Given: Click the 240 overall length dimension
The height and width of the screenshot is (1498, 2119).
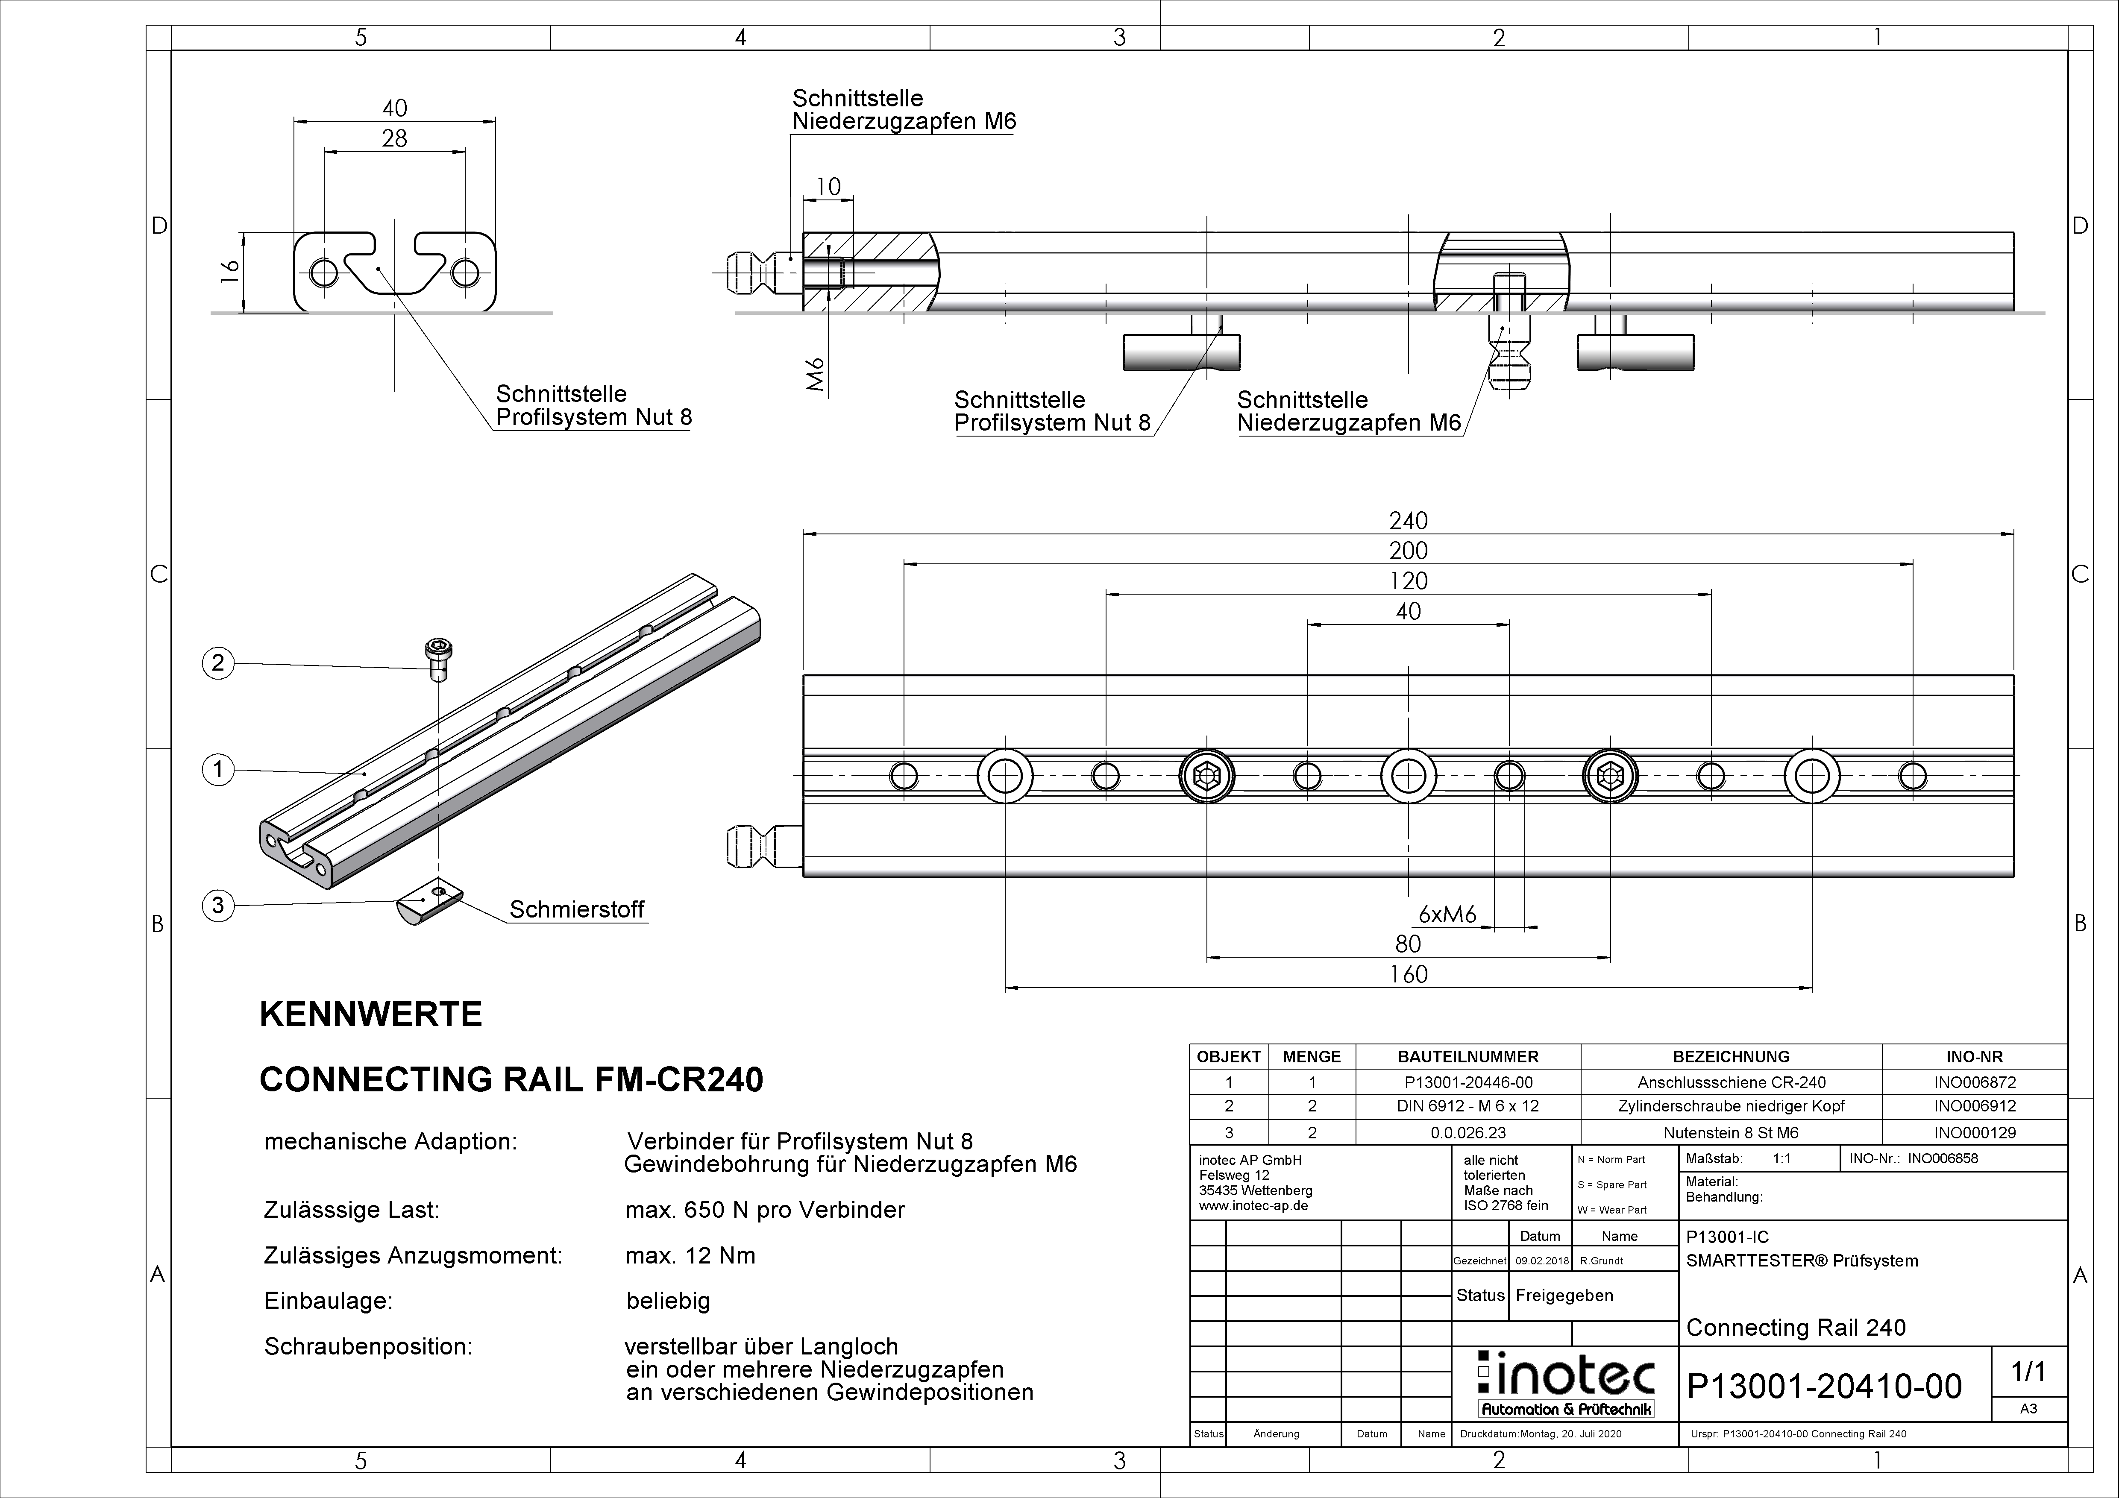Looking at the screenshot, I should click(1409, 521).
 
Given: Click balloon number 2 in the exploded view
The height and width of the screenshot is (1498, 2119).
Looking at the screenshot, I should click(218, 663).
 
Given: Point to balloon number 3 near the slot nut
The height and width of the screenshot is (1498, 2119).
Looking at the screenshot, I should click(218, 905).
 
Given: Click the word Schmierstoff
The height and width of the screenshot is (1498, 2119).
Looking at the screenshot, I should click(577, 909).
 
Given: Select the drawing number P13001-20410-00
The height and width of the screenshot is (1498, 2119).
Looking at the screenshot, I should click(1824, 1387).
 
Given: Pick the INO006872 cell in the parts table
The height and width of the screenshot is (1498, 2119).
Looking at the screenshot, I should click(1974, 1082).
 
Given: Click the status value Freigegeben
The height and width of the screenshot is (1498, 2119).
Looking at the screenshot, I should click(1564, 1295).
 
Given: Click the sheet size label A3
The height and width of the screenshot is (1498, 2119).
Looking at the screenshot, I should click(2028, 1408).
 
